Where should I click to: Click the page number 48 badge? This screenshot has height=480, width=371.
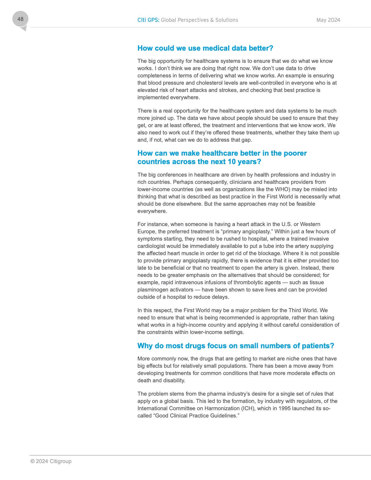20,19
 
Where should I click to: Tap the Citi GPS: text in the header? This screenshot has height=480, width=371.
148,20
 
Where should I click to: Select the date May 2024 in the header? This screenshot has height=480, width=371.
328,20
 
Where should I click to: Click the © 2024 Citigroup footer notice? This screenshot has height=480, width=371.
51,461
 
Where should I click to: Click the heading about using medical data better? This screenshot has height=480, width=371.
205,48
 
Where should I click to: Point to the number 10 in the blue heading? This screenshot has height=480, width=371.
232,162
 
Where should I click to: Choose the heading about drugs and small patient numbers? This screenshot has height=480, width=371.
236,346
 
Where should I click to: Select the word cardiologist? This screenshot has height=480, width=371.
152,246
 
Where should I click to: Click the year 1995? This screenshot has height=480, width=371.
285,408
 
